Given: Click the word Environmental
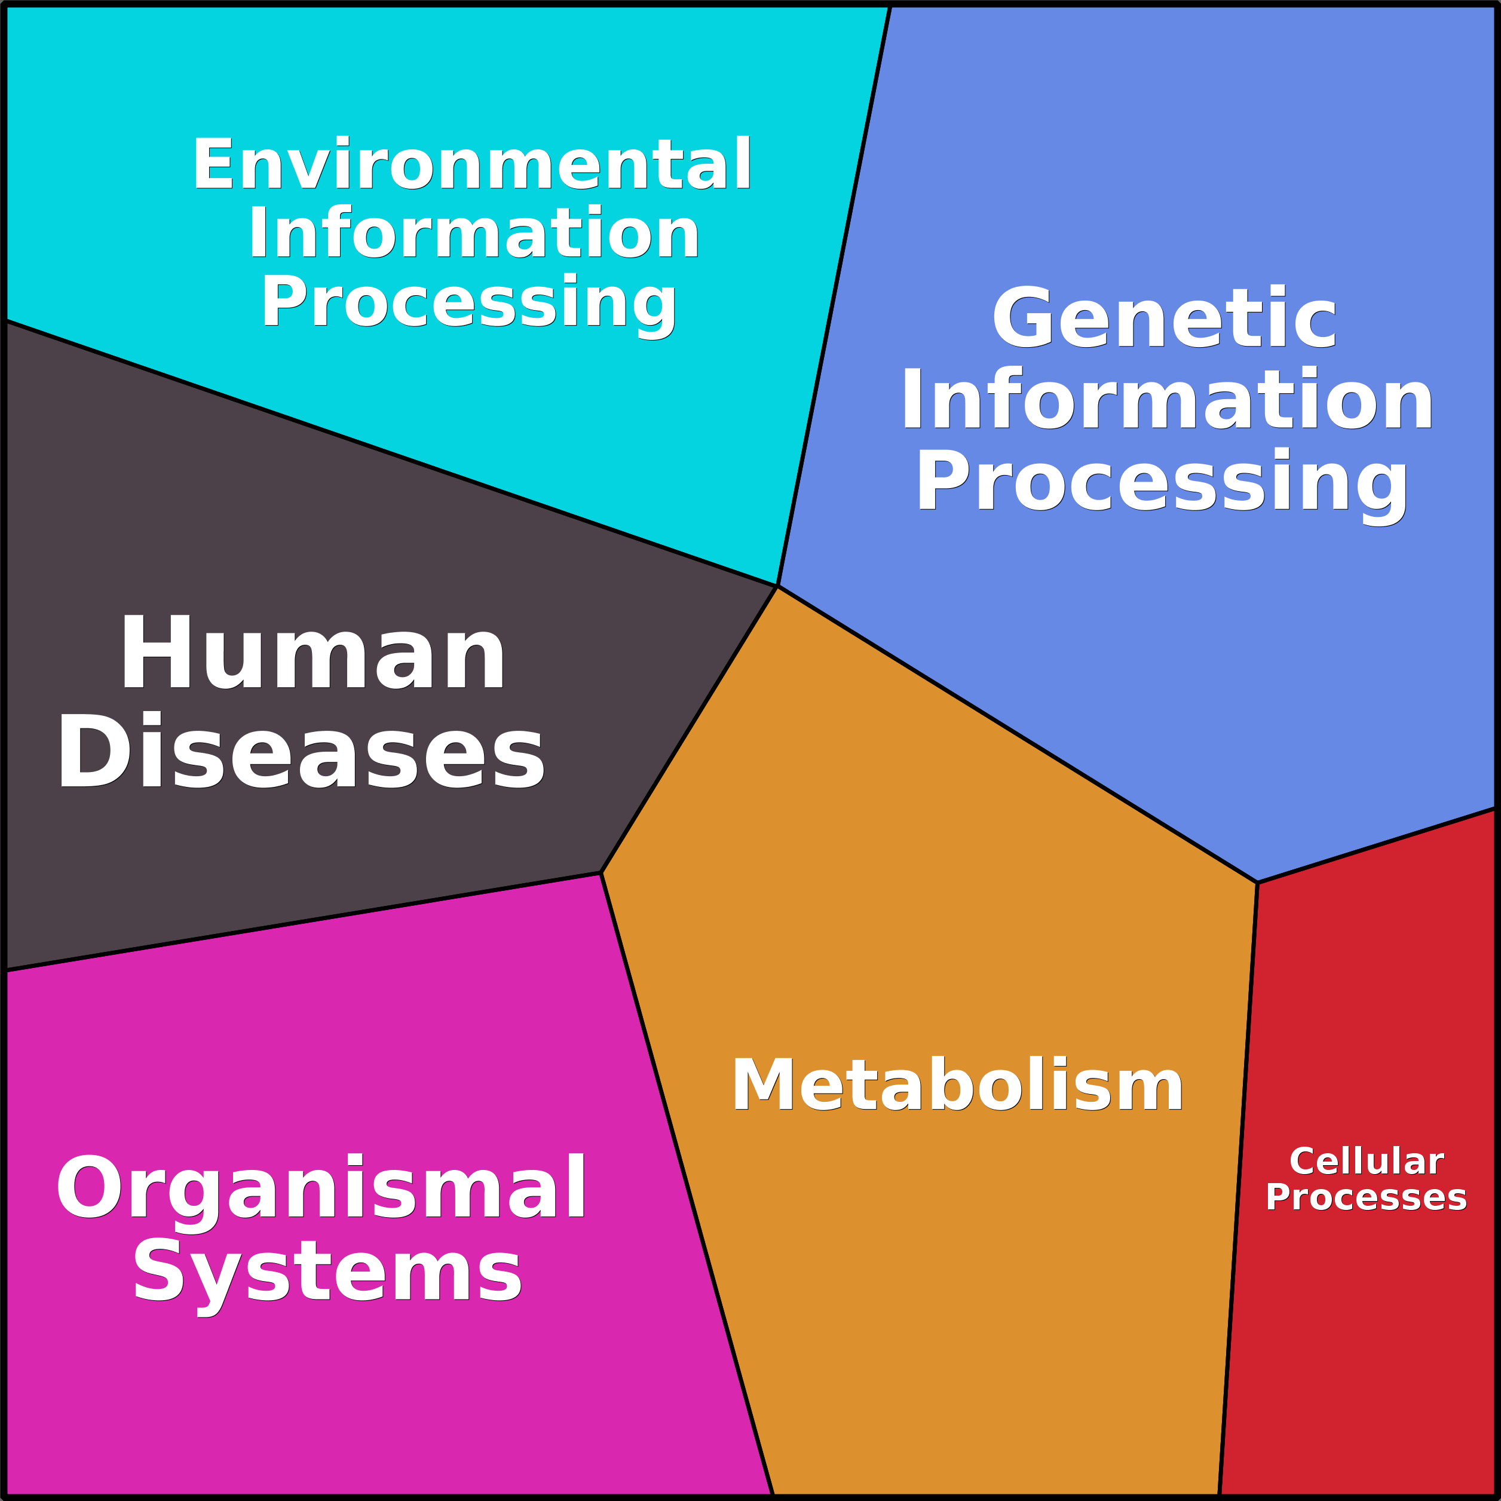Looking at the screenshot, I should [471, 163].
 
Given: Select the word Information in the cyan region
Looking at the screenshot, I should [474, 232].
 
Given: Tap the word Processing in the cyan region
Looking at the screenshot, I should [469, 303].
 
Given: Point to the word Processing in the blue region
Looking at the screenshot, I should [1162, 482].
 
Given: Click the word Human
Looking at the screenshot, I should [313, 653].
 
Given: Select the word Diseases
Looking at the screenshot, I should [301, 751].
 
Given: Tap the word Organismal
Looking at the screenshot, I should [320, 1188].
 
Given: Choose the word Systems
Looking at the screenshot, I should [327, 1272].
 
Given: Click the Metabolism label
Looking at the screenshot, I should [957, 1086].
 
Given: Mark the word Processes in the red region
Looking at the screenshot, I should [1366, 1197].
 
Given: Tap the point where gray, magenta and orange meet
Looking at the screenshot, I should [601, 872].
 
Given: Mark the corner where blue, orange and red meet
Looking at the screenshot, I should [1256, 883].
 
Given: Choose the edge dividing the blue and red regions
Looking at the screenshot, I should [1375, 846].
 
